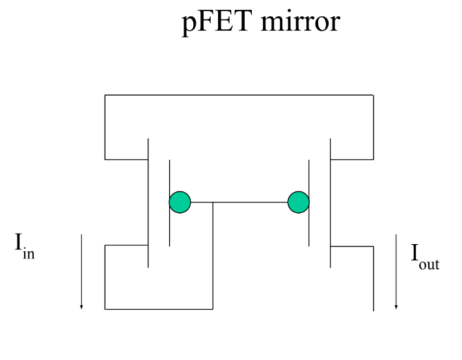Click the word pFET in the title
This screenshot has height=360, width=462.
click(217, 22)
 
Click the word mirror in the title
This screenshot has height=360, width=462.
click(301, 21)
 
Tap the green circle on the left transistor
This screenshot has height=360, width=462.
click(180, 202)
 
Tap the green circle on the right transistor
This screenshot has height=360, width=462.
click(299, 202)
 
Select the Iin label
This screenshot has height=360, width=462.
click(25, 246)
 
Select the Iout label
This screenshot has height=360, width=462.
click(425, 256)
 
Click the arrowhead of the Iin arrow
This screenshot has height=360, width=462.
click(81, 307)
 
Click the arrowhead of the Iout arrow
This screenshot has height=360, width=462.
click(396, 307)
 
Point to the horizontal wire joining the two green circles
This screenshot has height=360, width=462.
click(239, 202)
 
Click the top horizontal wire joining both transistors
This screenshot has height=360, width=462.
click(239, 95)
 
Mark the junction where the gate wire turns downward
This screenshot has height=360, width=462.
click(213, 202)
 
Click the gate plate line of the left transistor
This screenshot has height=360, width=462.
click(169, 203)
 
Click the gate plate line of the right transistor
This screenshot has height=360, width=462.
click(309, 203)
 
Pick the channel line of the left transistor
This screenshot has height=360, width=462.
click(148, 203)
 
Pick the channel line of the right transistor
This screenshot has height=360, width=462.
click(331, 203)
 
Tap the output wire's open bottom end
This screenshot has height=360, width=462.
click(374, 311)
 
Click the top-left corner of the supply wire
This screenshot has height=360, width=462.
click(105, 95)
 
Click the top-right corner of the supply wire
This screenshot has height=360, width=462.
click(374, 95)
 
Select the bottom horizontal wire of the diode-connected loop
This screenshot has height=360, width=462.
click(159, 309)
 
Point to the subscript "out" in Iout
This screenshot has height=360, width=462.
click(429, 264)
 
